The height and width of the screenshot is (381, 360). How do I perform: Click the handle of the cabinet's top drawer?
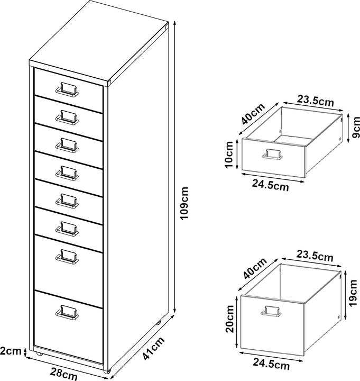(69, 89)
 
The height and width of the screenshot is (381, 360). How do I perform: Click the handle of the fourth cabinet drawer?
(68, 172)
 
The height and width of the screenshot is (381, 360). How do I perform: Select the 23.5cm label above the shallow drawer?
(315, 100)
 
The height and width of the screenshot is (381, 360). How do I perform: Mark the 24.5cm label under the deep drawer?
(271, 365)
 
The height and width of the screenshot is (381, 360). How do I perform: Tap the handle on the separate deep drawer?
(270, 312)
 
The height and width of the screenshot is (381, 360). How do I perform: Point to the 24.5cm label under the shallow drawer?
(271, 186)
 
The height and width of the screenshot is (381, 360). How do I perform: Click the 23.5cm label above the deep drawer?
(315, 257)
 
